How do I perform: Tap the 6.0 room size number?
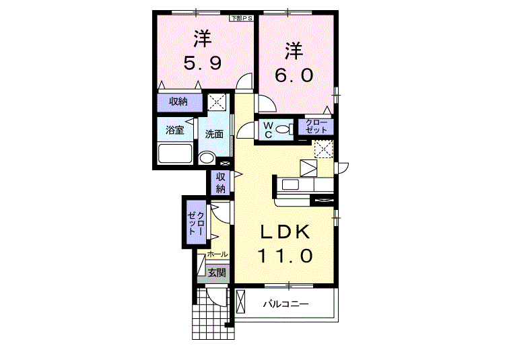294,73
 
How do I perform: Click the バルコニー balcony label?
285,304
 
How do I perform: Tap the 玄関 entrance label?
216,273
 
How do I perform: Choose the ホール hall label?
217,254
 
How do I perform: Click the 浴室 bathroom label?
174,130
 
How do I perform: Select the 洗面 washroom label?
215,134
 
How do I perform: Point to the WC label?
267,129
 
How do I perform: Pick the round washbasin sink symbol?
207,159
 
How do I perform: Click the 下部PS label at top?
241,18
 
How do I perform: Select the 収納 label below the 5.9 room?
178,102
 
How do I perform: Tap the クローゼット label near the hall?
196,221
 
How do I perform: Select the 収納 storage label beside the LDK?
220,182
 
